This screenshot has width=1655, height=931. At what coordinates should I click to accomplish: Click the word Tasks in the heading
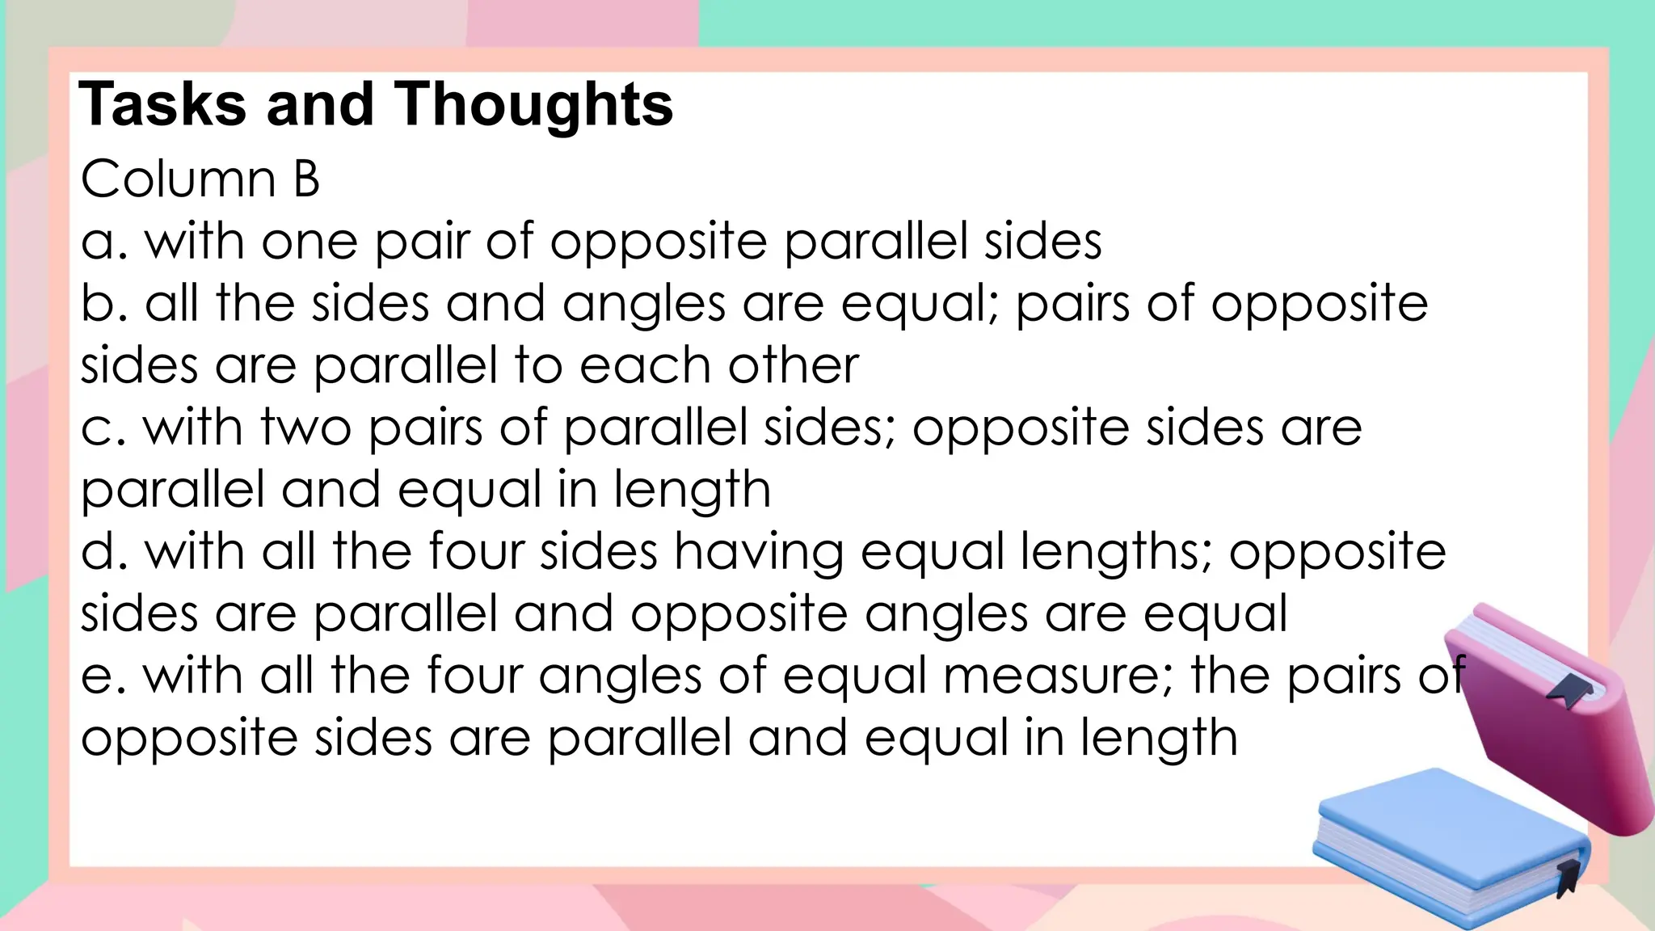tap(162, 105)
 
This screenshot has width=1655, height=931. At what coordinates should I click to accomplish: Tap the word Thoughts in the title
tap(533, 105)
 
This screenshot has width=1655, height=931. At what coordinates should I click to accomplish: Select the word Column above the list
tap(179, 179)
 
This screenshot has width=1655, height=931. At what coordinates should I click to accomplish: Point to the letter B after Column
tap(306, 179)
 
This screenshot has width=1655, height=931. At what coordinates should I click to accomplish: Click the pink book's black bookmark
tap(1570, 691)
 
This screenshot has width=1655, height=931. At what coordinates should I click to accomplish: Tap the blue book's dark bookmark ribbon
tap(1569, 877)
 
